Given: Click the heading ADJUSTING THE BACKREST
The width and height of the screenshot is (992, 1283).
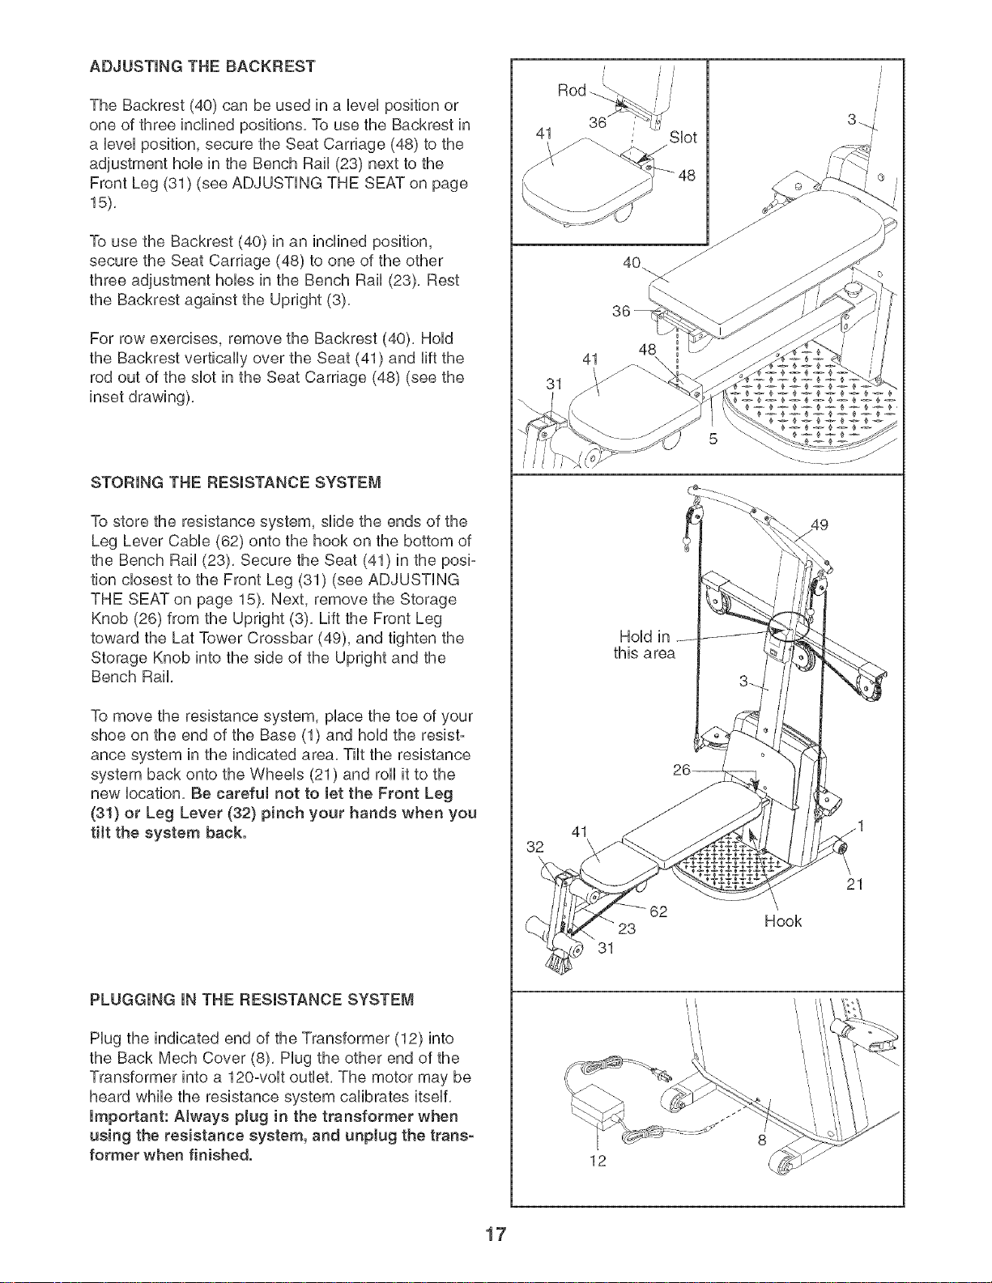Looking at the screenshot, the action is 202,66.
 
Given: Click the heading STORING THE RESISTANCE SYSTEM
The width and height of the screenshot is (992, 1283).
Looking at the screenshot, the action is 236,482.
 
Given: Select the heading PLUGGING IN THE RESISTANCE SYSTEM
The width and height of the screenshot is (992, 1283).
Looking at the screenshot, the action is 252,1000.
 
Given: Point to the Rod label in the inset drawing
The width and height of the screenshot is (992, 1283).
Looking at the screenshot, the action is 572,91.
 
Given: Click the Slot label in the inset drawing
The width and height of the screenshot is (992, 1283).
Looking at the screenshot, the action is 683,138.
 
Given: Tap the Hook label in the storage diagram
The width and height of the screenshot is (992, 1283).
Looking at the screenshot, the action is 783,922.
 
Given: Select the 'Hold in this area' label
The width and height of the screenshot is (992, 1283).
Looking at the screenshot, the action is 645,645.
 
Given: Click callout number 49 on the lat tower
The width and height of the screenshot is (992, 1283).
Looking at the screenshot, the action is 820,525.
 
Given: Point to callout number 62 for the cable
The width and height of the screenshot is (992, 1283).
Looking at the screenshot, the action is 658,911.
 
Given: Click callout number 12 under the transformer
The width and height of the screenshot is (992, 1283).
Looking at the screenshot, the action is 598,1162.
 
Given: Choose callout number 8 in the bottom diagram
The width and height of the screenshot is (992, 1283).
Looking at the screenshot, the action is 762,1141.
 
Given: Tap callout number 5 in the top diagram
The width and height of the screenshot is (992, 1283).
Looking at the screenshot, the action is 713,440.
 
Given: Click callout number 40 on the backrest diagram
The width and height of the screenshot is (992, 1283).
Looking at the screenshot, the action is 632,262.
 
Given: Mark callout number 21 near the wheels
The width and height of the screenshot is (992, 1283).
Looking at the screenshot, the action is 855,884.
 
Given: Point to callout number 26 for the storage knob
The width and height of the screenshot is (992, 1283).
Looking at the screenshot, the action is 682,770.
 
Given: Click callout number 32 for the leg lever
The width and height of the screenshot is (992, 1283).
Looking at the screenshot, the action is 535,847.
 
